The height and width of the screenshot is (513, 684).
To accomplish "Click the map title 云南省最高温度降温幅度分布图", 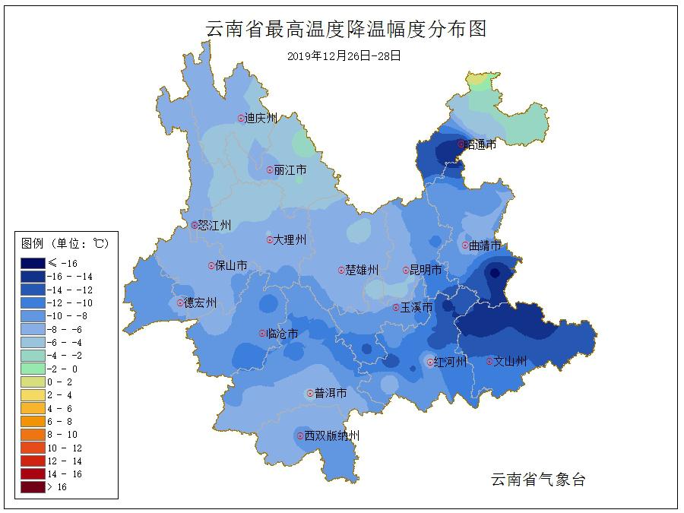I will pos(346,30).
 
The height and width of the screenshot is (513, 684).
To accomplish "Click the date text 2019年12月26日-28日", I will pos(344,56).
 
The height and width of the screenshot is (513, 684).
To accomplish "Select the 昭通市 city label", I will pos(481,144).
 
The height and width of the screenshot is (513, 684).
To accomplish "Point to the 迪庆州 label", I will pos(261,119).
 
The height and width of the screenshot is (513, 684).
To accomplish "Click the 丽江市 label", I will pos(290,170).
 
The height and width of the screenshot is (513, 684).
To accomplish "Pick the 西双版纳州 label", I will pos(331,435).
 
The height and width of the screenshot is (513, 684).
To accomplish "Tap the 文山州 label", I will pos(510,362).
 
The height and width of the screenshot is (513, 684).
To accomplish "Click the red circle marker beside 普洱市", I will pos(309,394).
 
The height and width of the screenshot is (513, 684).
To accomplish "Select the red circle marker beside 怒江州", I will pos(194,225).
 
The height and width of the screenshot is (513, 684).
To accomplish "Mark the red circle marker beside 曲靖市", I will pos(464,245).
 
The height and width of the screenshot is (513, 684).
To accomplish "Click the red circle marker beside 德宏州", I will pos(180,302).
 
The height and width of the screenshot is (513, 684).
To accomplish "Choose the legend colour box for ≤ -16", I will pos(33,263).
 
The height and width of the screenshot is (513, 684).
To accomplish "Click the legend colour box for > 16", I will pos(33,487).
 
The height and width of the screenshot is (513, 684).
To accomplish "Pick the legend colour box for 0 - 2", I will pos(33,382).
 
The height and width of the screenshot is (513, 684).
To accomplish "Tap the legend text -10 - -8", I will pos(67,316).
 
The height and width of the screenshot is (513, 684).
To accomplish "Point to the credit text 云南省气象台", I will pos(538,480).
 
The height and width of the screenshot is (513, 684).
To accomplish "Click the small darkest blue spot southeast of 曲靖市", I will pos(495,273).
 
